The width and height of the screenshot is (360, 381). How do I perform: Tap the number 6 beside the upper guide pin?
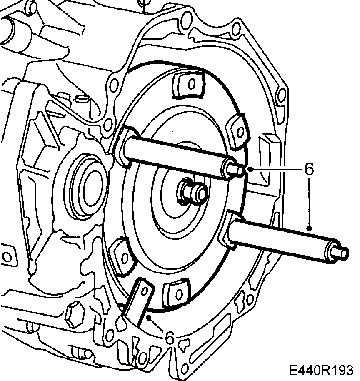[309, 169]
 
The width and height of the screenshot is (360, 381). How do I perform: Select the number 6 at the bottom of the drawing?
[170, 338]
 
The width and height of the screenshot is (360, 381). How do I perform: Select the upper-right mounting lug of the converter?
[238, 131]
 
